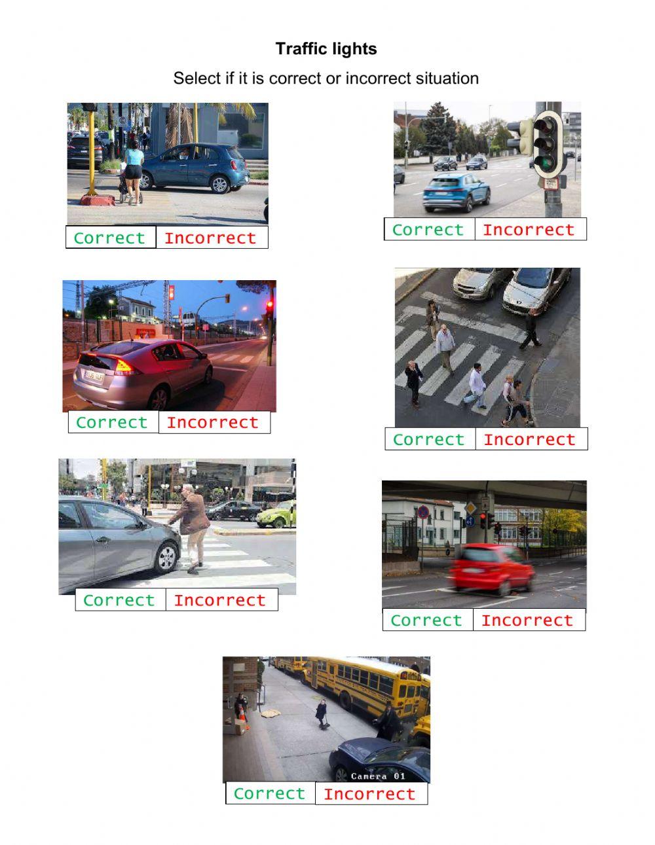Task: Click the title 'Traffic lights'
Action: (326, 49)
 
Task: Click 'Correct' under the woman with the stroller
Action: (110, 238)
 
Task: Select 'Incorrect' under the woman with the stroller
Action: (210, 238)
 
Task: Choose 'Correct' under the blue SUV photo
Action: (428, 230)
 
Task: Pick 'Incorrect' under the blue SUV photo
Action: (529, 230)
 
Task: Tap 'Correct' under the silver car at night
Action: (112, 422)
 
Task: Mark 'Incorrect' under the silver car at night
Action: (213, 422)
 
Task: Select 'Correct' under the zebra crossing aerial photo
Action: (428, 439)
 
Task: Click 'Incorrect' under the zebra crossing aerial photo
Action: (529, 439)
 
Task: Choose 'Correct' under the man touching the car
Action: (119, 600)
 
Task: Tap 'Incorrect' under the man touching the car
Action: (220, 600)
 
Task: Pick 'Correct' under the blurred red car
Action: (426, 620)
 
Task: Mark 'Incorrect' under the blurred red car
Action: (527, 620)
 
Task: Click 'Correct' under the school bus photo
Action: (269, 793)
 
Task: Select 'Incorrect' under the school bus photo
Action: (370, 794)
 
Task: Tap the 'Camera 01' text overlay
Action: (378, 776)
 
